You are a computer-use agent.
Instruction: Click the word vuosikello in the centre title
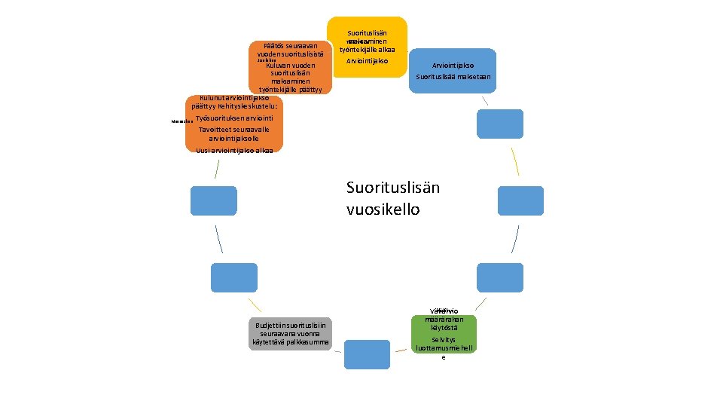383,209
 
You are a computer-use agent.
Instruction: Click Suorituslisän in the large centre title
392,187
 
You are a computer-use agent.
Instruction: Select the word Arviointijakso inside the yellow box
367,60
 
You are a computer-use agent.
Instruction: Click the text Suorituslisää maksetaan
453,77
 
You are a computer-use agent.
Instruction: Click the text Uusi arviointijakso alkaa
233,151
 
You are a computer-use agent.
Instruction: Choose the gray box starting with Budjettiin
290,333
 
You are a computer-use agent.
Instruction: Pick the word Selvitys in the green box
444,340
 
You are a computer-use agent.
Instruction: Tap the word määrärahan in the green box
444,319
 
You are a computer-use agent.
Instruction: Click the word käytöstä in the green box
444,328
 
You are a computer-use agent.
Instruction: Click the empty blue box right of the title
520,201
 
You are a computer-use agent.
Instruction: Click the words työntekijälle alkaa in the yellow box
367,49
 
